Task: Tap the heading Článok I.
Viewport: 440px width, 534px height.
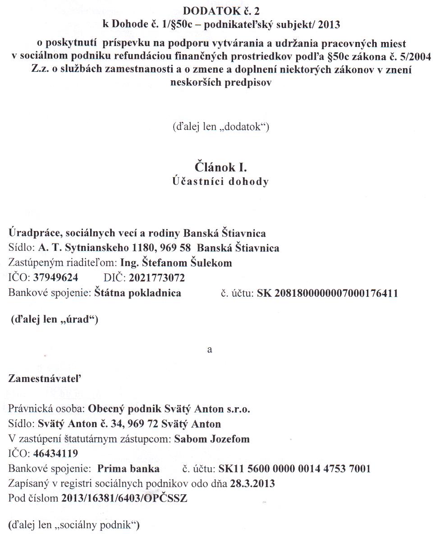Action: point(221,167)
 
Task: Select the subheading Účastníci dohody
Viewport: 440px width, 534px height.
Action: point(221,182)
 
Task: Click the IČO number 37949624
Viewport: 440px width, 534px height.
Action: point(55,277)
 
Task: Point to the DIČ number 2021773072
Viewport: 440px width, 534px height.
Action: point(156,277)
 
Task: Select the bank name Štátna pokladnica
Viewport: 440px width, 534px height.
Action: point(137,292)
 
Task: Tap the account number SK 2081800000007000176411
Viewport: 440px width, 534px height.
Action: point(327,293)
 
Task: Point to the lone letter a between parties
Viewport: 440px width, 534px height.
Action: point(209,350)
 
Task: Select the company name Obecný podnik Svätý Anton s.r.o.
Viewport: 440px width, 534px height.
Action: point(169,409)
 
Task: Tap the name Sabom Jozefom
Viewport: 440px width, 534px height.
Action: point(212,439)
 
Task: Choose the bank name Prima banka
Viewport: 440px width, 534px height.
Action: point(128,468)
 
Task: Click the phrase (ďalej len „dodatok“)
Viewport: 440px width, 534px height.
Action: point(221,127)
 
